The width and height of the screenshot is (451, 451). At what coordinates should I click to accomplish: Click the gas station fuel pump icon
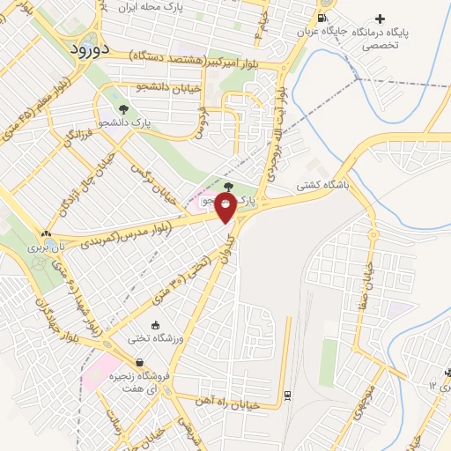pyautogui.click(x=323, y=18)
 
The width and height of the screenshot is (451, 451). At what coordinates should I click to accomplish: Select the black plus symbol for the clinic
pyautogui.click(x=380, y=18)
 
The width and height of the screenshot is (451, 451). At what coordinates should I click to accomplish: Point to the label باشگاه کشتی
pyautogui.click(x=322, y=186)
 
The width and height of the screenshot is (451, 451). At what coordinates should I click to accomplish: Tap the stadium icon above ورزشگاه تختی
pyautogui.click(x=155, y=326)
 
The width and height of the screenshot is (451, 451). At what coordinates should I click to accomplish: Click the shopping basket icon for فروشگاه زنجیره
pyautogui.click(x=139, y=361)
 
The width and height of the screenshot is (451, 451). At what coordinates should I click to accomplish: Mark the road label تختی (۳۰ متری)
pyautogui.click(x=181, y=277)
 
